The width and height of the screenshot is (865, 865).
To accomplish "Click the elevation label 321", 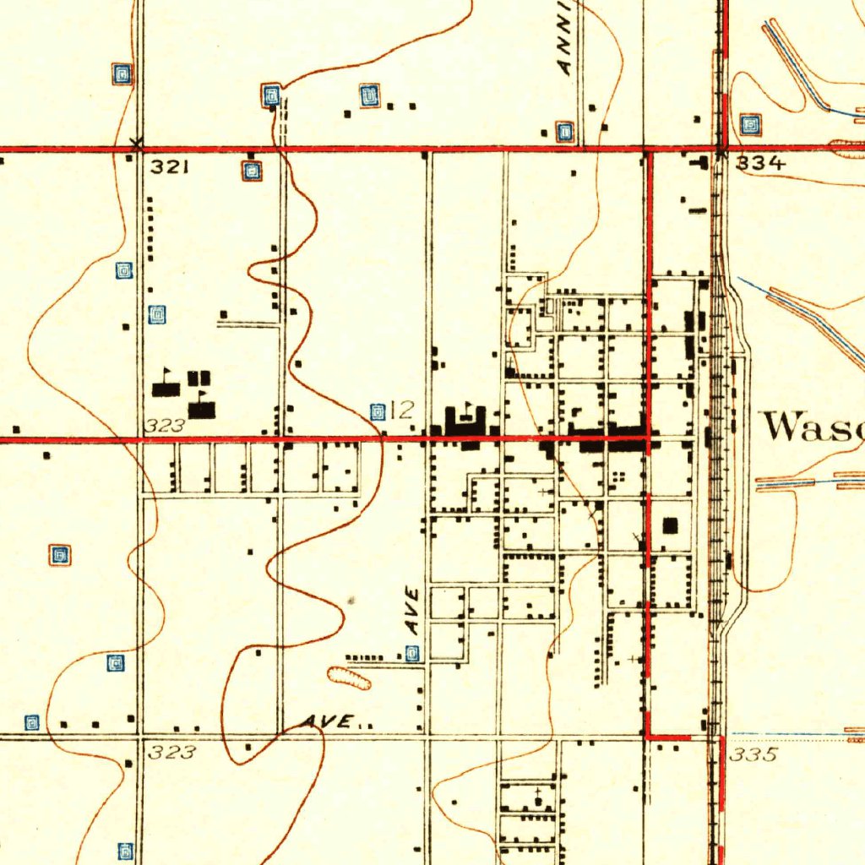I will point(169,167).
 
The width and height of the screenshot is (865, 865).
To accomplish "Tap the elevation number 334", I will point(760,164).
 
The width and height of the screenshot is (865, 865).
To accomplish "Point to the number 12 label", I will point(402,411).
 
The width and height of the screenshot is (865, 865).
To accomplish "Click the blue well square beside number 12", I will point(378,411).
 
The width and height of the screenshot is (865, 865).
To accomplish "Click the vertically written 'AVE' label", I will point(412,612).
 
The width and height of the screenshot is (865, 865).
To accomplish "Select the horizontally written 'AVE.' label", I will point(329,722).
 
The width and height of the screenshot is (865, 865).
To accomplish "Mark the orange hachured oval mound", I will point(349,677).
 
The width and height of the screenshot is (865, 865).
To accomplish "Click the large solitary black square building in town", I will point(671,525).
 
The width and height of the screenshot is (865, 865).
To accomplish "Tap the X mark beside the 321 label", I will point(137,143).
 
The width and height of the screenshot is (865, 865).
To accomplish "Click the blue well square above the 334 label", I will point(750,125).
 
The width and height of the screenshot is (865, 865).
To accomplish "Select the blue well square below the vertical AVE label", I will point(412,653).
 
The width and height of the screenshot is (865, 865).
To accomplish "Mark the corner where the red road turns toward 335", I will point(649,737).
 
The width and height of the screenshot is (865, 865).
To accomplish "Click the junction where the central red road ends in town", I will point(649,438).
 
